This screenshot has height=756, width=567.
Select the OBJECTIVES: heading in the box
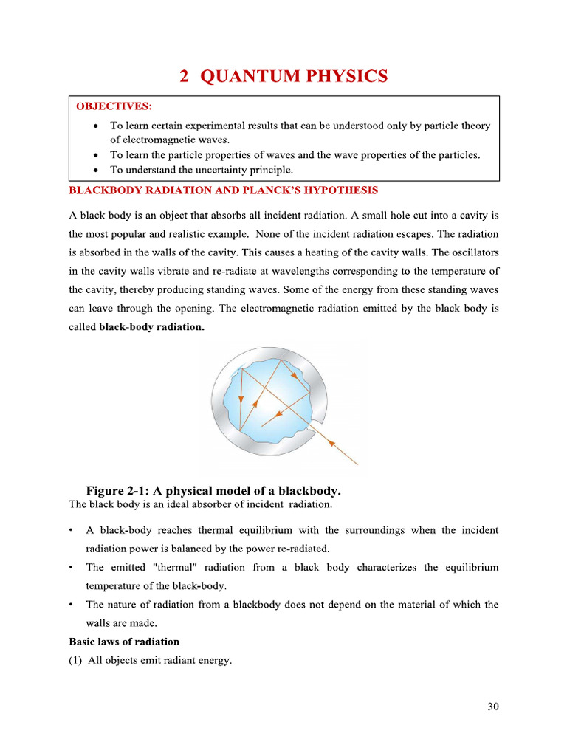114,106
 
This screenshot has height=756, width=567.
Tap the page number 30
493,707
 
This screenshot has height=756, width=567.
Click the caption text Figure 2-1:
120,490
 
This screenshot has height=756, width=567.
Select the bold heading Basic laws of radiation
124,641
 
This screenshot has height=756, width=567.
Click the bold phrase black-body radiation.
151,326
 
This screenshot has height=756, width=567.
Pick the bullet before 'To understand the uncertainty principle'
97,170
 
